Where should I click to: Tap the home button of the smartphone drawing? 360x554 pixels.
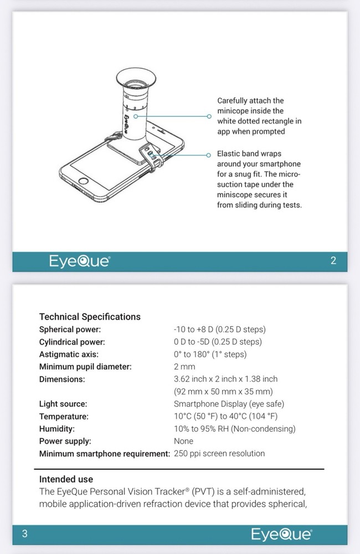pyautogui.click(x=83, y=182)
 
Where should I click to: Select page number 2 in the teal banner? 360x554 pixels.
pyautogui.click(x=333, y=261)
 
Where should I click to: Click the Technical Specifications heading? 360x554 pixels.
pyautogui.click(x=90, y=317)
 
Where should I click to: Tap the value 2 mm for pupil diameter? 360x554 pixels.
pyautogui.click(x=184, y=367)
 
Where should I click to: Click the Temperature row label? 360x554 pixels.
pyautogui.click(x=64, y=417)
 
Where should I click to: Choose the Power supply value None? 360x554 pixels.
pyautogui.click(x=183, y=441)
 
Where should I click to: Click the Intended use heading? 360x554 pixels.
pyautogui.click(x=66, y=479)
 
